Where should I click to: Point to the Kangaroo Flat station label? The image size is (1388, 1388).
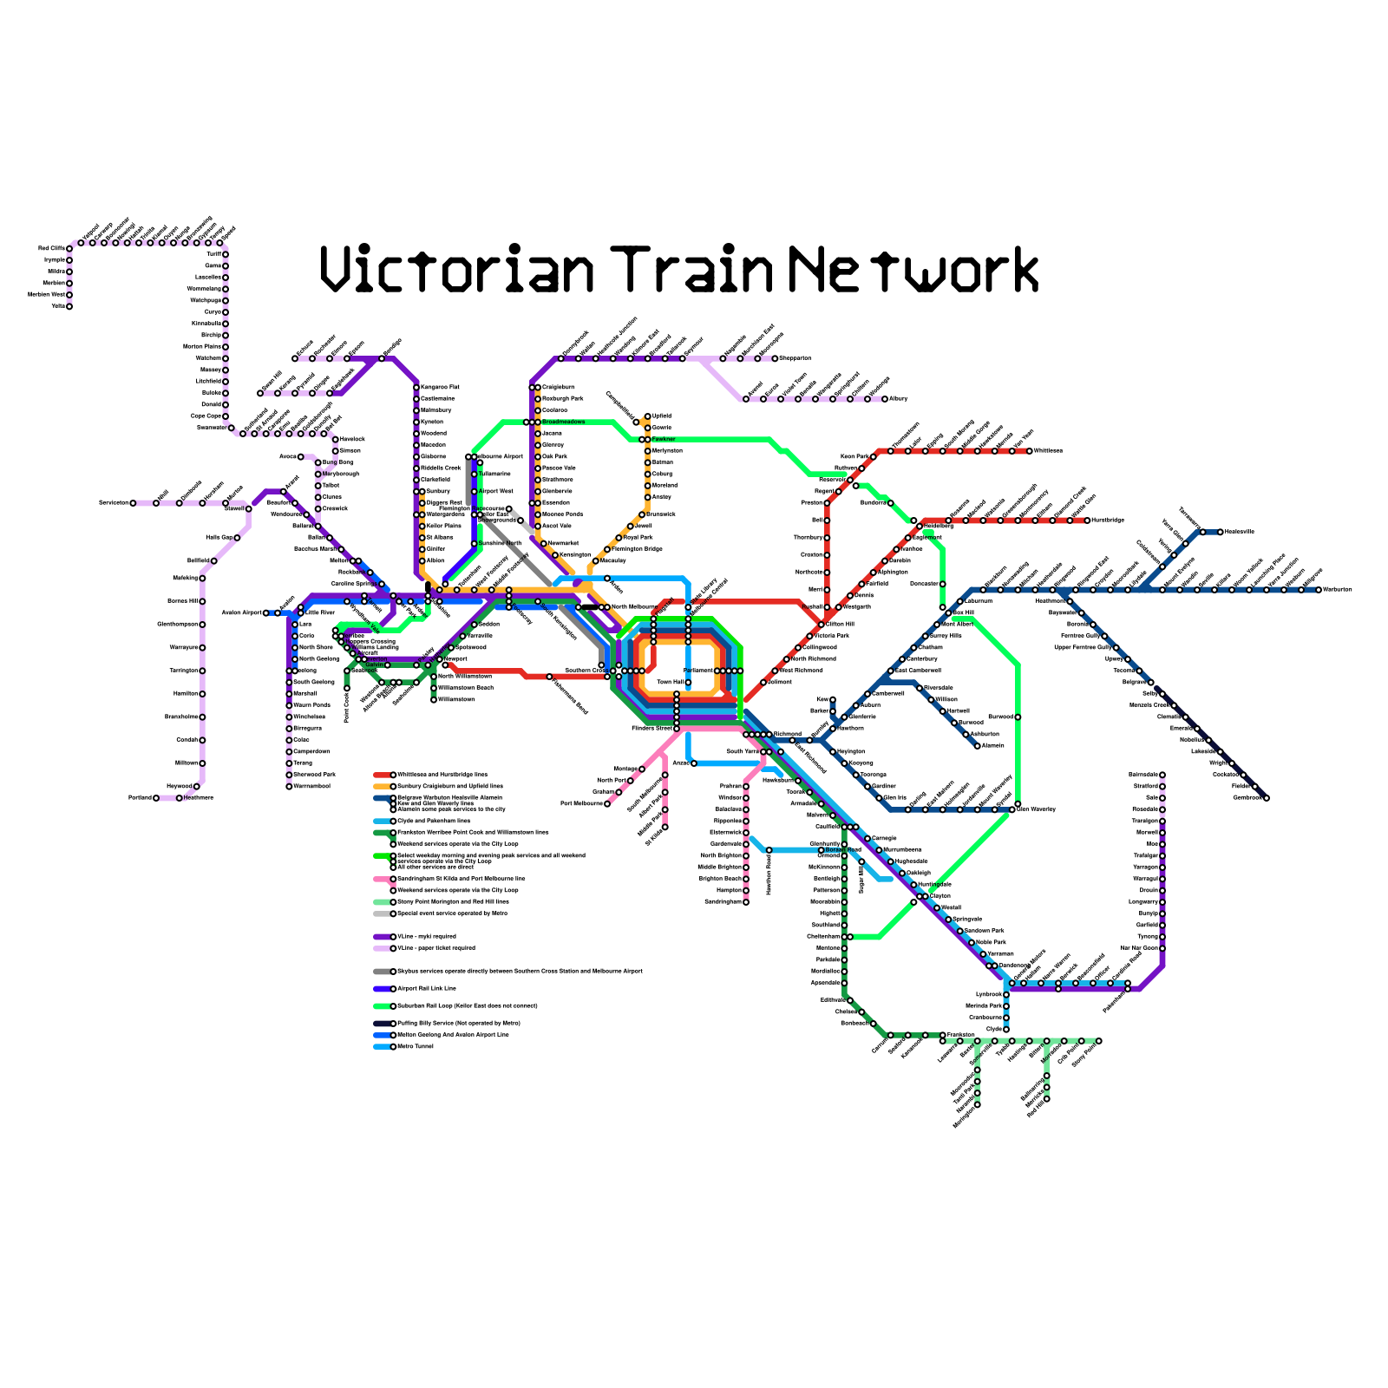pyautogui.click(x=440, y=387)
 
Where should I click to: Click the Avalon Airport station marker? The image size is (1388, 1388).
pyautogui.click(x=266, y=612)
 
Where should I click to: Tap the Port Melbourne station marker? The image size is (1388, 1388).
pyautogui.click(x=607, y=803)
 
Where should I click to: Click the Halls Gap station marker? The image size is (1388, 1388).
pyautogui.click(x=237, y=538)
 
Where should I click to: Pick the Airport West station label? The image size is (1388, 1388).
pyautogui.click(x=496, y=491)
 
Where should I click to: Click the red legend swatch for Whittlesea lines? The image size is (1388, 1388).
pyautogui.click(x=383, y=775)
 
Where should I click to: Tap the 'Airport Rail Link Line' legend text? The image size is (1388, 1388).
pyautogui.click(x=426, y=988)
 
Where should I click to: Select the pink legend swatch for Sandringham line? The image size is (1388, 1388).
pyautogui.click(x=383, y=879)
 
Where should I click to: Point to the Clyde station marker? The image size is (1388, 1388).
pyautogui.click(x=1006, y=1029)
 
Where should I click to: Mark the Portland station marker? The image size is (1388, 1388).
pyautogui.click(x=156, y=797)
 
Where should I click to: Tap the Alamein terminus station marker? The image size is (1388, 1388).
pyautogui.click(x=978, y=745)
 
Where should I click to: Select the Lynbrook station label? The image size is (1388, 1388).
pyautogui.click(x=988, y=994)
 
